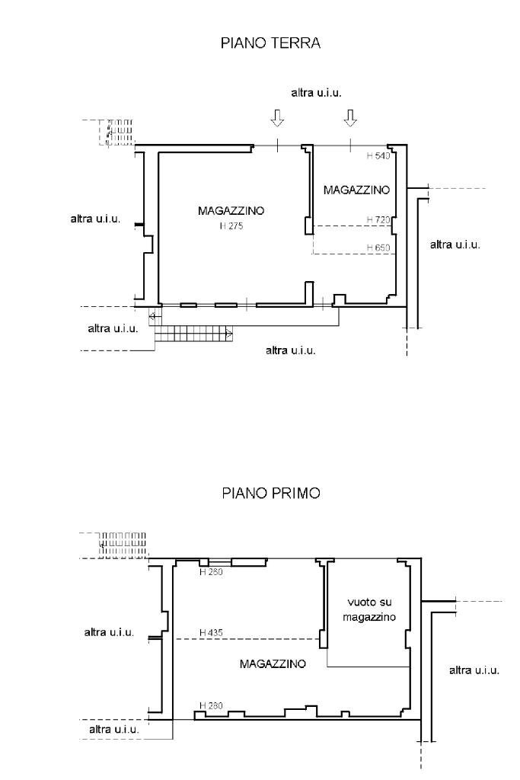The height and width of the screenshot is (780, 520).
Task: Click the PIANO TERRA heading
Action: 270,43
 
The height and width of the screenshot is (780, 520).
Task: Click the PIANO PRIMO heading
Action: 270,493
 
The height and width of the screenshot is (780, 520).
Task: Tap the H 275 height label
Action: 231,226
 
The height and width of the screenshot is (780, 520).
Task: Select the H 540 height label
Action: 378,156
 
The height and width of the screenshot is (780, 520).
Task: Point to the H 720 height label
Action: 378,219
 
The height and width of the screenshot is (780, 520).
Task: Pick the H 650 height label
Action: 378,248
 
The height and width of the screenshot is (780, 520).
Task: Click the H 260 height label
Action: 211,571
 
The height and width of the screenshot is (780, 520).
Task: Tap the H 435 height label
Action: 211,632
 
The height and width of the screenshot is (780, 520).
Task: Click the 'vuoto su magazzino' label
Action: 368,610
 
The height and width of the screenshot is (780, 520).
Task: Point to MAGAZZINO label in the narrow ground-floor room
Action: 356,190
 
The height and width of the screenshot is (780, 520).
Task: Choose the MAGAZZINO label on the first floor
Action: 273,663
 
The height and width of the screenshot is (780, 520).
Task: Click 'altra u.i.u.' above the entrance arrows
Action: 316,92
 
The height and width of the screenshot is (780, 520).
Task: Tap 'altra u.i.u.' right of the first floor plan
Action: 474,670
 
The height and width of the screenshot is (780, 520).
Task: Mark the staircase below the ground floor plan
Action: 194,333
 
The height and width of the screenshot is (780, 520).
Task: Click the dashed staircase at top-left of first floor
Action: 122,544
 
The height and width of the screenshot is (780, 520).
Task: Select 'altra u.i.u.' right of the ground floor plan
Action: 455,245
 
